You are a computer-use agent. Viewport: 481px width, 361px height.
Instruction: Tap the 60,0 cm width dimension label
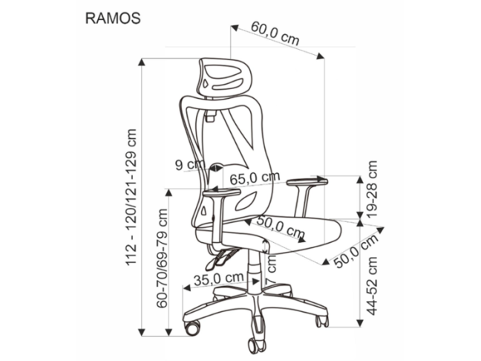coord(275,35)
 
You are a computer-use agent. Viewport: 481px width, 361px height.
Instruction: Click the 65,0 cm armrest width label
coord(255,178)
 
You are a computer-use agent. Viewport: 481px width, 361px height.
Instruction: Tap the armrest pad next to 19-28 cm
coord(305,180)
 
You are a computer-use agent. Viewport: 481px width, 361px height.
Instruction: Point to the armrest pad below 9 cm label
coord(222,193)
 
